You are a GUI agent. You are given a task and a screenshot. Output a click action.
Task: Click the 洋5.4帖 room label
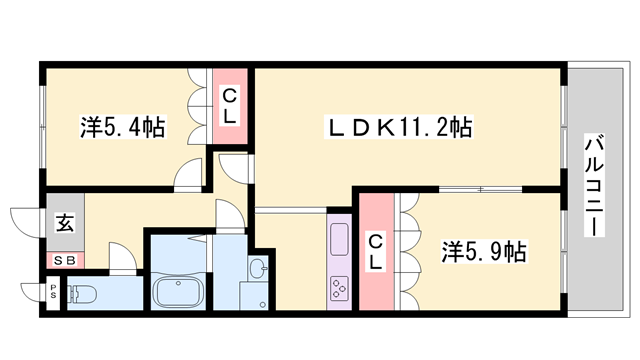[122, 128]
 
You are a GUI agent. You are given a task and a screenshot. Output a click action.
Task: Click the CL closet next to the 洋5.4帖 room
[229, 107]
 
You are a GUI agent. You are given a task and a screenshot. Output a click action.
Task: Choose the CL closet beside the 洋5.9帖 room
[376, 250]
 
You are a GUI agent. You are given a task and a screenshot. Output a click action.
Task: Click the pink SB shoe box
[64, 260]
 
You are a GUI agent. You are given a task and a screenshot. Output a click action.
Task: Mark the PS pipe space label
[53, 291]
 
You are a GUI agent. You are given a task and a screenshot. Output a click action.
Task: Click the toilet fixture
[84, 296]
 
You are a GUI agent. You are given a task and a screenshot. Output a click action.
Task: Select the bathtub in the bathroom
[179, 292]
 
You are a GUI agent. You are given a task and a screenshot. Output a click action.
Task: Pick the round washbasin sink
[258, 269]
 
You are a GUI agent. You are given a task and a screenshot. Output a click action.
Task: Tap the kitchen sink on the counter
[337, 241]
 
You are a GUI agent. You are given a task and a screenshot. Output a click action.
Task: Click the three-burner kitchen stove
[337, 287]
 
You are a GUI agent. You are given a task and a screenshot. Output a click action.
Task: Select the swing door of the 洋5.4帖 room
[188, 176]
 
